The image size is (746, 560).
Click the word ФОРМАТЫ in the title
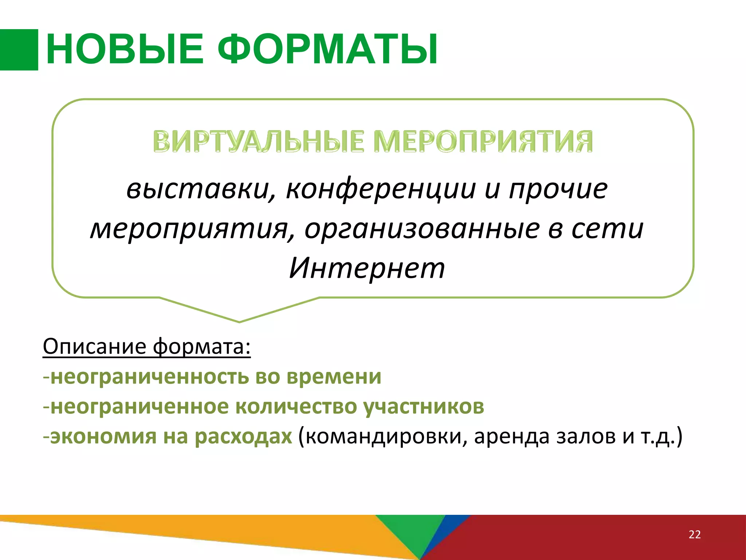click(328, 49)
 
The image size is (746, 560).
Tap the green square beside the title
click(19, 50)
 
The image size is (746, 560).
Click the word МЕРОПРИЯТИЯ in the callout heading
click(483, 141)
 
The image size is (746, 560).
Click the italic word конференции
click(381, 190)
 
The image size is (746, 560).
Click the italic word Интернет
click(367, 268)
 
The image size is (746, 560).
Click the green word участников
click(424, 407)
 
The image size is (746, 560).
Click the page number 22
click(695, 534)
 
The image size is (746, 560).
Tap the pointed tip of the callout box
click(239, 321)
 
